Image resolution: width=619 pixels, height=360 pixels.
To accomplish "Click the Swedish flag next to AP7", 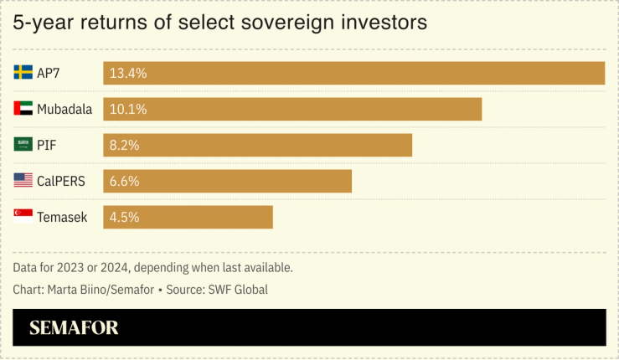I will pos(23,73).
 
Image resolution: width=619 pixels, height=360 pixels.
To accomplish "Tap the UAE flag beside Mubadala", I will pos(23,109).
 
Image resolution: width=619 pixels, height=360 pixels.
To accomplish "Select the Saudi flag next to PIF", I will pos(23,145).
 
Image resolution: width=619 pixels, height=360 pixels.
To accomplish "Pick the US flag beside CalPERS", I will pos(23,181).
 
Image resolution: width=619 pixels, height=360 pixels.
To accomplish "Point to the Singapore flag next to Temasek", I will pos(23,217).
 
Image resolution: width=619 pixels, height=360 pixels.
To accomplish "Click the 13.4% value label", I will pos(128,73).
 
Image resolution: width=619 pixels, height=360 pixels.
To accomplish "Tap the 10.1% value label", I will pos(128,109).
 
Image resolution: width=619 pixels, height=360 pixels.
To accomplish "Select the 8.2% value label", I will pos(124,145).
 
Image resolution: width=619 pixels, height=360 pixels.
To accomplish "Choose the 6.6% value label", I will pos(124,181).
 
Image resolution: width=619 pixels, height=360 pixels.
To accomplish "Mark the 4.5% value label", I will pos(124,217).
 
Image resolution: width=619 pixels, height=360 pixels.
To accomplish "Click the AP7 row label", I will pos(49,73).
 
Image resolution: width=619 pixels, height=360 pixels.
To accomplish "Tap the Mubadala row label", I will pos(64,109).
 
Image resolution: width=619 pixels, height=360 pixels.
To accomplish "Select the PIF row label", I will pos(46,145).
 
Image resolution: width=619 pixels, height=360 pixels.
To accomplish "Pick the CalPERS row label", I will pos(60,181).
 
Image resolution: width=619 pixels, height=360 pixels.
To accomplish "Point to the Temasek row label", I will pos(62,217).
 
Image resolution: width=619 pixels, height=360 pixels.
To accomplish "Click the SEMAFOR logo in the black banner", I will pos(74,328).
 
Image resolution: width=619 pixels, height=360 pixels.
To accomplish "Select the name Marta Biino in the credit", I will pos(76,289).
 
